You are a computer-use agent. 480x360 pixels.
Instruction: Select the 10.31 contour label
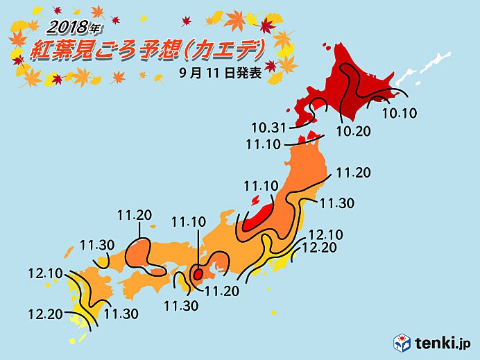point(268,128)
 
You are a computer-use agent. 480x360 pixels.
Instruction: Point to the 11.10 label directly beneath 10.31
point(262,144)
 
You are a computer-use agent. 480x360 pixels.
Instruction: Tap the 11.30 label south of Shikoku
point(180,305)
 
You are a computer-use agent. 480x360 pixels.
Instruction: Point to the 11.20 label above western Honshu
point(135,216)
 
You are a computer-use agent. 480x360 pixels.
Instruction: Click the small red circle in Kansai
point(198,274)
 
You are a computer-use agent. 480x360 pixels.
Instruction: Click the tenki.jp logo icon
point(402,343)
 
